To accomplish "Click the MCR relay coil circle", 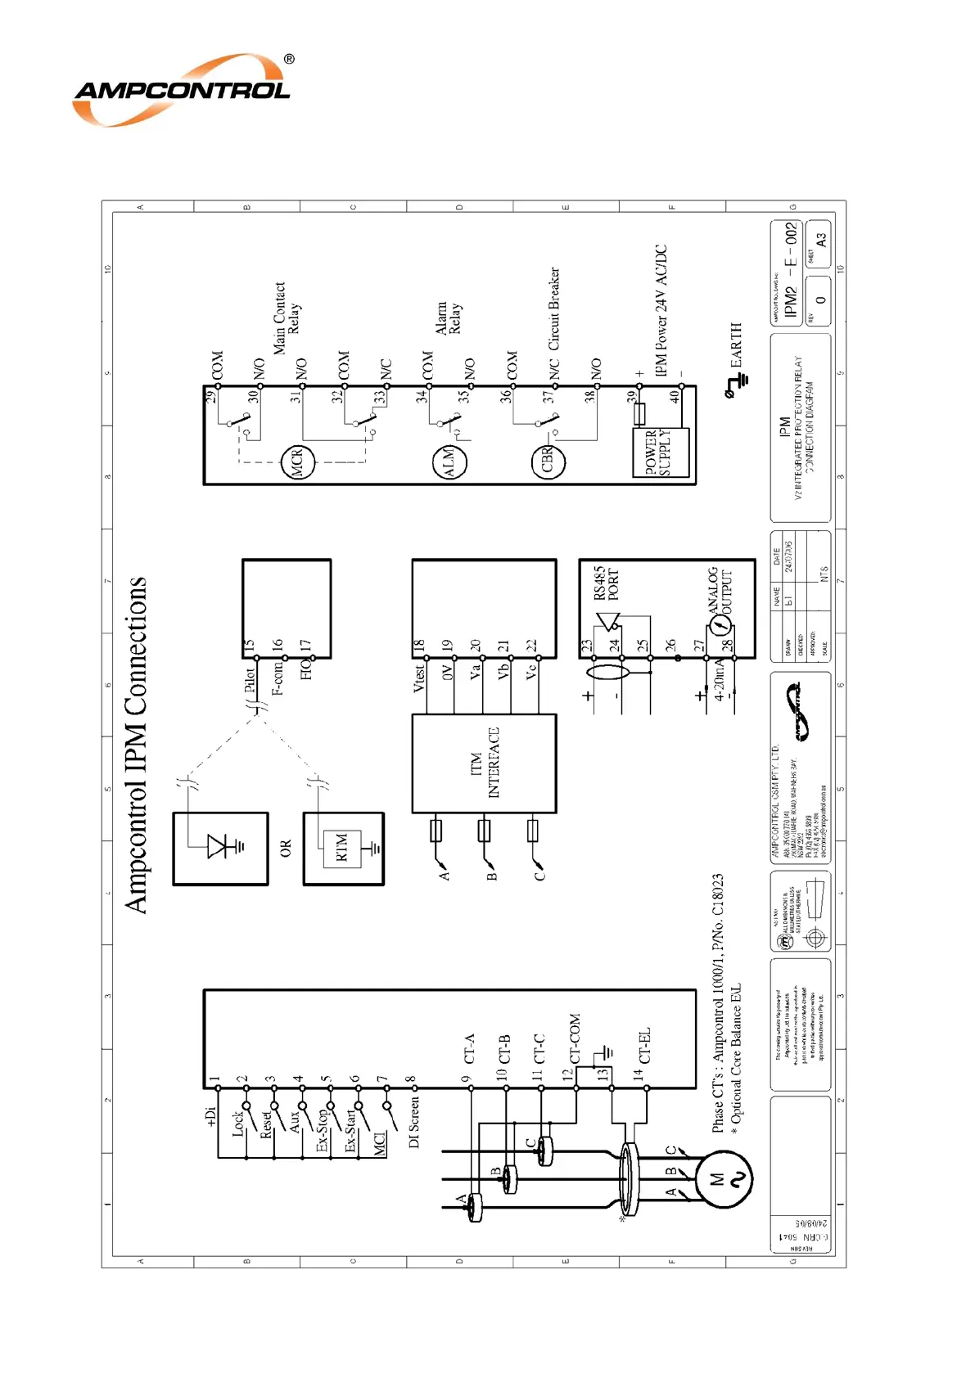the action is (297, 463).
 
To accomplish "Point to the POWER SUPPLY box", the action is (661, 453).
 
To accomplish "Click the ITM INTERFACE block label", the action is (485, 763).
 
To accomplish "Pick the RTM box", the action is (342, 848).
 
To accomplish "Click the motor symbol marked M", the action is (724, 1179).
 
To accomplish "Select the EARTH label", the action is (737, 344).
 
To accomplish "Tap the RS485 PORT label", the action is (607, 583).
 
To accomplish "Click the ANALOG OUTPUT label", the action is (720, 590).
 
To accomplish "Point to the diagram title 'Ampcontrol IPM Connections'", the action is (136, 745).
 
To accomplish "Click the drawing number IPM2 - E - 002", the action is (790, 269).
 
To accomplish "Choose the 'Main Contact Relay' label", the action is (287, 318).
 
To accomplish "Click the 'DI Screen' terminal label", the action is (413, 1123).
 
